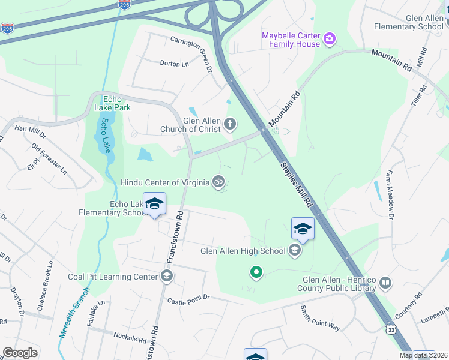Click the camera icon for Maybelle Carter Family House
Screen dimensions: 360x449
click(x=329, y=40)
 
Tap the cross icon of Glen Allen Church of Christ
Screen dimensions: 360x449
click(x=229, y=124)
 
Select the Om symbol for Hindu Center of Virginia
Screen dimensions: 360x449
click(x=219, y=181)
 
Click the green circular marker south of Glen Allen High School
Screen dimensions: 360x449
click(x=256, y=273)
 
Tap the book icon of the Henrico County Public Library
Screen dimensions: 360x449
click(x=385, y=282)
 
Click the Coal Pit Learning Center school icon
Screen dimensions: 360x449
click(x=167, y=276)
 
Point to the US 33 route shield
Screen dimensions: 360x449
click(x=391, y=329)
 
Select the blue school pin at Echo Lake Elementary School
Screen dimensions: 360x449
click(x=154, y=204)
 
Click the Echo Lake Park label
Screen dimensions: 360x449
click(x=108, y=103)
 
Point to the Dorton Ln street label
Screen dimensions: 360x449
click(x=174, y=63)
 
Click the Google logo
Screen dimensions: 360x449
click(x=20, y=353)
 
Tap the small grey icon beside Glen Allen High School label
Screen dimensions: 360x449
click(x=294, y=250)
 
